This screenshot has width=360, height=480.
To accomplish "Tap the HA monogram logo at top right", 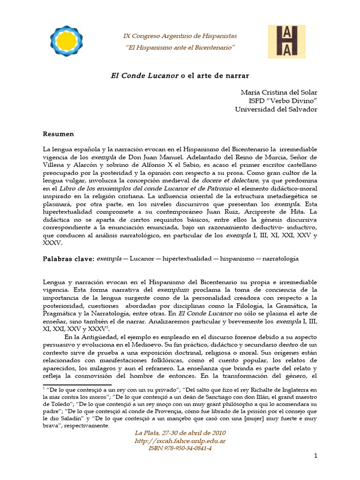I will (286, 42).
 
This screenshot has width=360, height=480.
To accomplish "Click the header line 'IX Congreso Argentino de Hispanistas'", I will (180, 36).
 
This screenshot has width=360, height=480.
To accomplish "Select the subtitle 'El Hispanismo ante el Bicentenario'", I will (180, 48).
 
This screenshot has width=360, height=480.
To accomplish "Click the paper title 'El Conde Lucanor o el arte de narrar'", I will (180, 75).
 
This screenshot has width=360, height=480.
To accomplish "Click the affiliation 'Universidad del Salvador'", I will (276, 109).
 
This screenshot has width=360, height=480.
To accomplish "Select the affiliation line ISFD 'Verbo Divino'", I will (283, 101).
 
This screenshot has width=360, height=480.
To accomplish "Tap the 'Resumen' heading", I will (58, 134).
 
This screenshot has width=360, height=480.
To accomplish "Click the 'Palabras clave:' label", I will (68, 258).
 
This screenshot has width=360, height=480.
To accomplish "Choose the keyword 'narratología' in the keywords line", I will (280, 258).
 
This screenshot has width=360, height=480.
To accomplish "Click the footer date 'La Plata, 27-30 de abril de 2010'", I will (180, 433).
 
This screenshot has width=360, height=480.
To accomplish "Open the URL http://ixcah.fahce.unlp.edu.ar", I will (180, 441).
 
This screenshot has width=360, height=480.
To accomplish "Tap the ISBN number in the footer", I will (180, 449).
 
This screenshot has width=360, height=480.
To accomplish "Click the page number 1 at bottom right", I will (315, 456).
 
